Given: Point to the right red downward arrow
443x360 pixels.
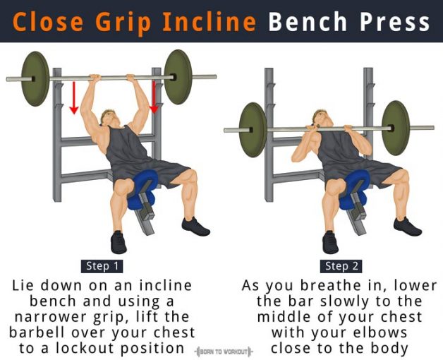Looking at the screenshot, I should point(153,97).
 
